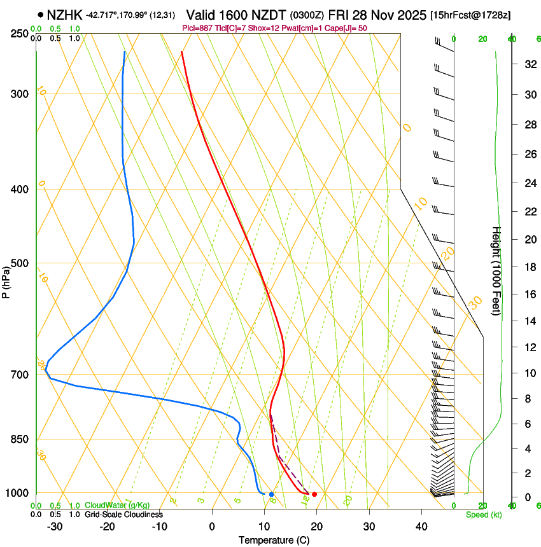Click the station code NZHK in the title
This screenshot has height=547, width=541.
[65, 14]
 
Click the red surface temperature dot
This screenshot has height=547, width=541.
[314, 494]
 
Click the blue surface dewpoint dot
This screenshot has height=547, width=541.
[271, 494]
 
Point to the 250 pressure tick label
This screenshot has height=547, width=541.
[20, 33]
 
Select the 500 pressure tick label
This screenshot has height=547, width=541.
[20, 263]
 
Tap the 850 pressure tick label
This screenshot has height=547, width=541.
[20, 440]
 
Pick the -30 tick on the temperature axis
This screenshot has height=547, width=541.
[55, 527]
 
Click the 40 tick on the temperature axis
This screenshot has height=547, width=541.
[421, 527]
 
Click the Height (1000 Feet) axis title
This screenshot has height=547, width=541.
[496, 270]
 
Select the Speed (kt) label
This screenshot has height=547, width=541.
[484, 515]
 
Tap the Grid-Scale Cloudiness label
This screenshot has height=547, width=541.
[123, 515]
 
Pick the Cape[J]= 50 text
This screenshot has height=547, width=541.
[344, 27]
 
